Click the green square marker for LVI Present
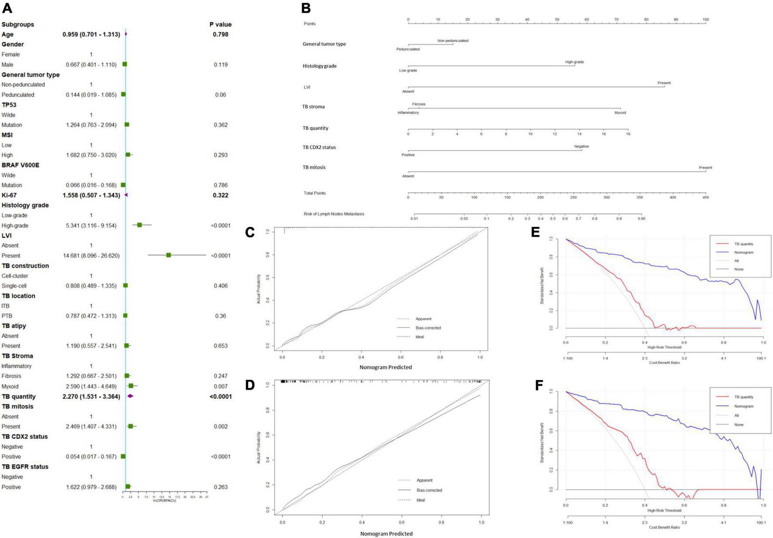point(169,255)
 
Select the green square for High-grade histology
point(140,225)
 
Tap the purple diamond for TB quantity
point(130,396)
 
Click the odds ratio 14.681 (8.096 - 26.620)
point(91,256)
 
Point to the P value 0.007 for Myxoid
point(221,386)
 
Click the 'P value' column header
point(220,24)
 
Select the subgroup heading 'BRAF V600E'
point(20,165)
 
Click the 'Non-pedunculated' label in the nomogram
point(453,41)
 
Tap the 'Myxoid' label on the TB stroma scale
point(620,113)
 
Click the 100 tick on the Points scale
point(705,20)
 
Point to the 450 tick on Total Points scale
point(705,197)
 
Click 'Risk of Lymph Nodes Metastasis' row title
point(334,214)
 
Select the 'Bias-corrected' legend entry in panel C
point(428,328)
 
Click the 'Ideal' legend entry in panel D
point(421,500)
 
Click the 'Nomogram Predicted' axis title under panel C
point(386,367)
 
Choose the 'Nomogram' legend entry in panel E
point(744,252)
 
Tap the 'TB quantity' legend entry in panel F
point(744,397)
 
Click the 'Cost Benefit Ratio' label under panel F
point(664,527)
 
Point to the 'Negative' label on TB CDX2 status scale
point(581,146)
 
